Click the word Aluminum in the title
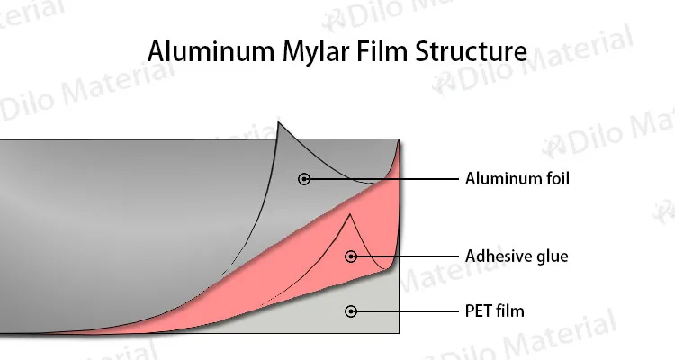click(x=204, y=51)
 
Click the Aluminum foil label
click(x=517, y=179)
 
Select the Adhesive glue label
click(x=516, y=256)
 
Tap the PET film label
click(x=494, y=311)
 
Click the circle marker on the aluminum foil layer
click(x=304, y=179)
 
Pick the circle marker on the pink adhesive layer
click(x=351, y=256)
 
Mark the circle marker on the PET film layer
click(x=351, y=311)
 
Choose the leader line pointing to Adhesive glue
click(x=405, y=256)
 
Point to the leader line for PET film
click(x=405, y=311)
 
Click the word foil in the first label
click(x=556, y=179)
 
